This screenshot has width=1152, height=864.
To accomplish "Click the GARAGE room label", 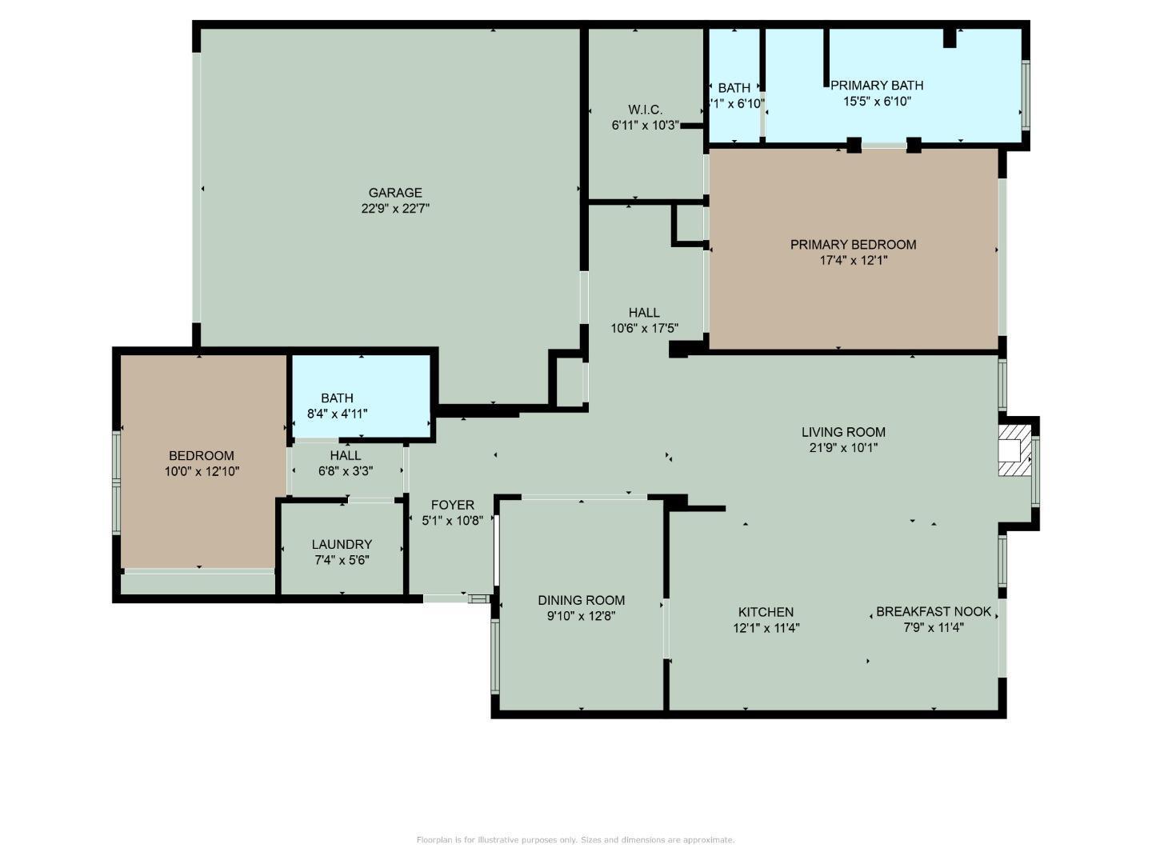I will click(395, 193).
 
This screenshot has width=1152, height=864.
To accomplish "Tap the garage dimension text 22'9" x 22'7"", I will click(395, 209).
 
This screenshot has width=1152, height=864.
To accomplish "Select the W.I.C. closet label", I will click(645, 110).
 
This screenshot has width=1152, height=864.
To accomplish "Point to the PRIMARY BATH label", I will click(877, 86).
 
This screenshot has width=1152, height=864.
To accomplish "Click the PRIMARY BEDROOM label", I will click(853, 245).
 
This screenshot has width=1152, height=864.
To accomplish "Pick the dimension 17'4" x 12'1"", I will click(853, 261).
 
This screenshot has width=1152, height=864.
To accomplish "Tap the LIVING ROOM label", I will click(843, 433).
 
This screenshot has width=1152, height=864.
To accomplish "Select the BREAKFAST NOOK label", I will click(933, 612).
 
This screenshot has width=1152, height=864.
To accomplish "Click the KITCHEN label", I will click(766, 613).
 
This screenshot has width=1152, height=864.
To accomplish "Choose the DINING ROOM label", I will click(581, 601).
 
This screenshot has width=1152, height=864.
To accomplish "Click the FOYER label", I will click(452, 506).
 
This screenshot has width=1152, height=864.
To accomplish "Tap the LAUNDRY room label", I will click(342, 545).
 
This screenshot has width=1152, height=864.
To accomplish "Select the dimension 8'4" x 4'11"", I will click(337, 414).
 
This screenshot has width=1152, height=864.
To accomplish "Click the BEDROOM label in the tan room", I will click(202, 456).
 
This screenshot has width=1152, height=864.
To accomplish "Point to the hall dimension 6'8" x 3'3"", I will click(346, 471).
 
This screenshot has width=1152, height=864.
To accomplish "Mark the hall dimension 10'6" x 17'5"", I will click(644, 328).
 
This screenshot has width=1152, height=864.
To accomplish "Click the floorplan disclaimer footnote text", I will click(575, 840).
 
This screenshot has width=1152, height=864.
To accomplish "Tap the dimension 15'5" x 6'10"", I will click(877, 102).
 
